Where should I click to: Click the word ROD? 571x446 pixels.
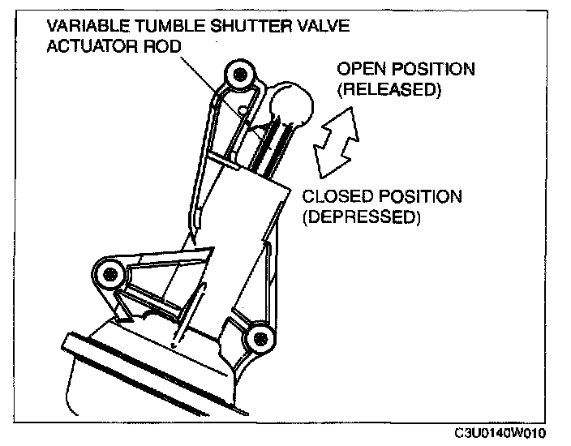(x=160, y=46)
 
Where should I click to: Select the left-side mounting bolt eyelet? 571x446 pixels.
(x=105, y=274)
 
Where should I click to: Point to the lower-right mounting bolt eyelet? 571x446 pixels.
(x=260, y=338)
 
